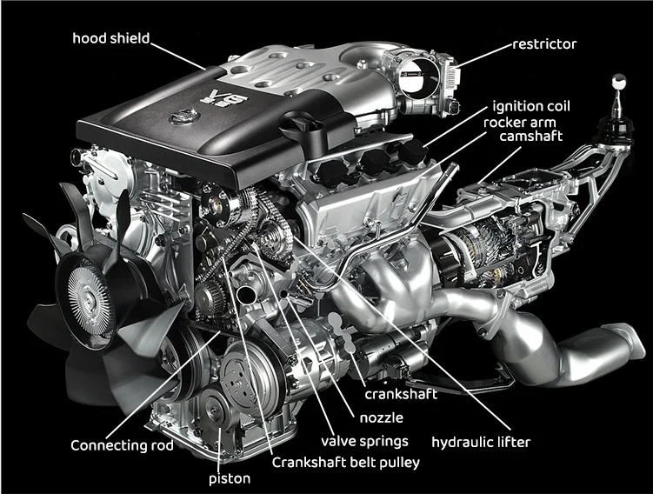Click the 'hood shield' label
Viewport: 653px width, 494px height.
(x=110, y=38)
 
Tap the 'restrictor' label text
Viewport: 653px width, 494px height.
(x=544, y=44)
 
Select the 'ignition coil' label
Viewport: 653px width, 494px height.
(x=531, y=106)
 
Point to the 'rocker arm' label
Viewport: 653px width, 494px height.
(x=520, y=123)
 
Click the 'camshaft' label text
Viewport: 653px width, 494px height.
(x=531, y=137)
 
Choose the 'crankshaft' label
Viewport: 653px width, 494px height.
(x=401, y=394)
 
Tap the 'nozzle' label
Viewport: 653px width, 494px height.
(x=382, y=417)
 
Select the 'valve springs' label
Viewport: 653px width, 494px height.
(x=364, y=442)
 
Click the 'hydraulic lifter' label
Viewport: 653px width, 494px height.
(x=481, y=442)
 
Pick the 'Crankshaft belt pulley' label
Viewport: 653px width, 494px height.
(x=346, y=463)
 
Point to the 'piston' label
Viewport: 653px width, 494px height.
(x=230, y=478)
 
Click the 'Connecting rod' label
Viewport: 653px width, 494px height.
(x=122, y=445)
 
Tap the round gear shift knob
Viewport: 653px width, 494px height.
(x=618, y=81)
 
